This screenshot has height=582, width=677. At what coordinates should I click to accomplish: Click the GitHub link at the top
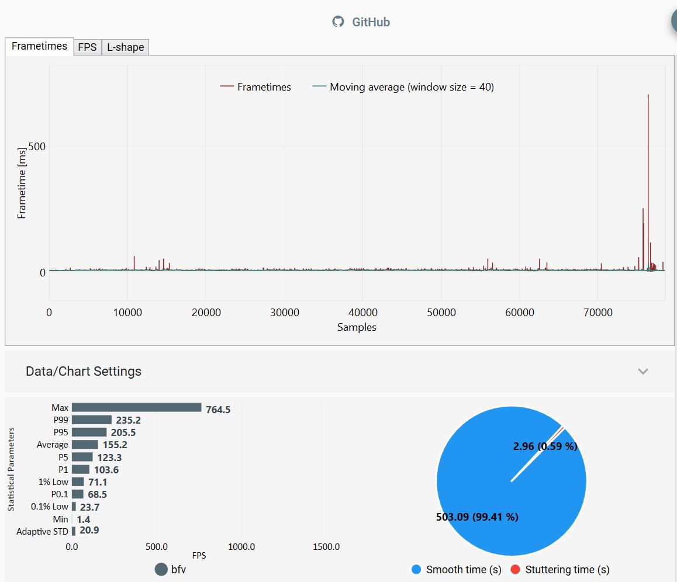[x=361, y=22]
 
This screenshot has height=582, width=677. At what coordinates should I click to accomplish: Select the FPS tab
[x=87, y=47]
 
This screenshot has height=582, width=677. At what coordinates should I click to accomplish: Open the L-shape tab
[x=125, y=47]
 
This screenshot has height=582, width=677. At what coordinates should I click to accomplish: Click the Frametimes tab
[x=39, y=46]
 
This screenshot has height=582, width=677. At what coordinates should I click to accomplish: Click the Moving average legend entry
[x=403, y=87]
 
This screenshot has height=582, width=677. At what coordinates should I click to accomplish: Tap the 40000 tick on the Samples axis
[x=362, y=313]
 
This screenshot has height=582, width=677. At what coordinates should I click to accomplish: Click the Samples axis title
[x=357, y=327]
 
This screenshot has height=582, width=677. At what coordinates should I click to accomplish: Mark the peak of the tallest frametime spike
[x=648, y=95]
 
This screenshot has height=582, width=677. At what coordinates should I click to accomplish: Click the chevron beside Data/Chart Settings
[x=643, y=371]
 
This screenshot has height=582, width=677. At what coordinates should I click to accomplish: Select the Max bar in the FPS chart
[x=136, y=408]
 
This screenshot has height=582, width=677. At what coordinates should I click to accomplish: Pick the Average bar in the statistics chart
[x=85, y=445]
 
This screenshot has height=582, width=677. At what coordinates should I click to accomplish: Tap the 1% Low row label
[x=53, y=482]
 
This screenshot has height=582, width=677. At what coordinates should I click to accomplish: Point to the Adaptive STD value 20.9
[x=89, y=531]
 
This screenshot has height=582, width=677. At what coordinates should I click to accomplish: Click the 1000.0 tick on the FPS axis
[x=241, y=547]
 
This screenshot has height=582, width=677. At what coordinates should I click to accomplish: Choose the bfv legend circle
[x=161, y=570]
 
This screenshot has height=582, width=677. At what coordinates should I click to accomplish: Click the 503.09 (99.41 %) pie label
[x=477, y=517]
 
